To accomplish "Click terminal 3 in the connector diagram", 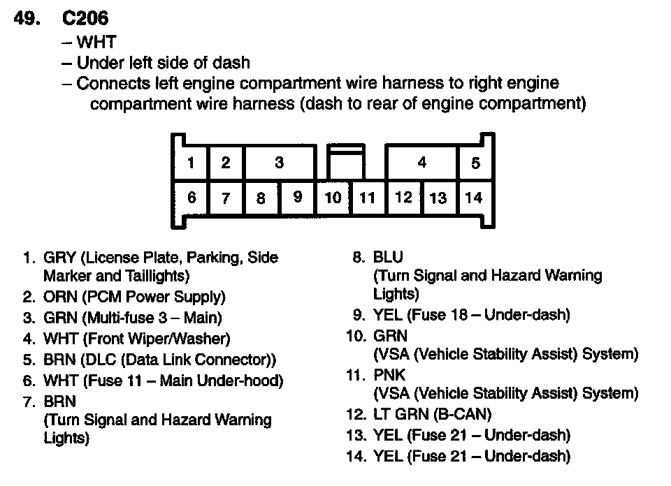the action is coord(279,163).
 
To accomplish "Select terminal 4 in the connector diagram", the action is coord(421,163).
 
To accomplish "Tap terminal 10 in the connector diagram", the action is coord(333,198).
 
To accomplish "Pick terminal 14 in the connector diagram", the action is coord(474,198).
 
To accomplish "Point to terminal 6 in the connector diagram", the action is coord(191,198).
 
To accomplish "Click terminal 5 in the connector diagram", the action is coord(475,163).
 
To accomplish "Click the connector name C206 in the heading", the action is coord(86,19).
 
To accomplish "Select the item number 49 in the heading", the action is coord(27,19).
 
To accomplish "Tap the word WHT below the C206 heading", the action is coord(96,43).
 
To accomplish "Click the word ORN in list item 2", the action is coord(60,297).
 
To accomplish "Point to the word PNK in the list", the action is coord(389,376).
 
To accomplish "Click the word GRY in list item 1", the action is coord(60,258).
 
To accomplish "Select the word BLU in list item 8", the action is coord(388,258).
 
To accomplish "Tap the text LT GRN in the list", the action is coord(401,414).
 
